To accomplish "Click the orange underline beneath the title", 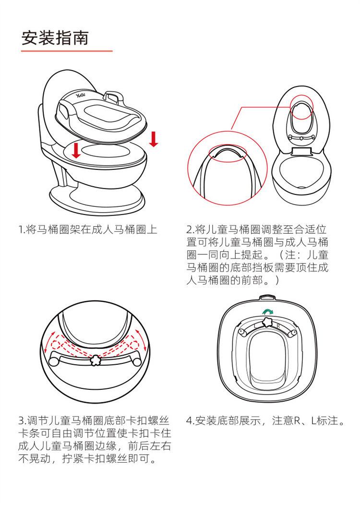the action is tap(67, 51).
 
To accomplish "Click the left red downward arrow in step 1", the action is tap(76, 150).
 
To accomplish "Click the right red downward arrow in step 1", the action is tap(154, 139).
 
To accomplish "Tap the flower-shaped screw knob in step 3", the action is tap(95, 360).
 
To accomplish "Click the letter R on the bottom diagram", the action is tap(278, 326).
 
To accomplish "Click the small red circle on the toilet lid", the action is tap(302, 107).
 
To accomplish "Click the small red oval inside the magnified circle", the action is tap(228, 153).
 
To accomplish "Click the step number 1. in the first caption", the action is tap(22, 230).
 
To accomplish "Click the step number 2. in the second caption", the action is tap(190, 230).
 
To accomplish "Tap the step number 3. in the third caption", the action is tap(22, 421).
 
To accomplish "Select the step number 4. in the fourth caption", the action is tap(191, 421).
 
